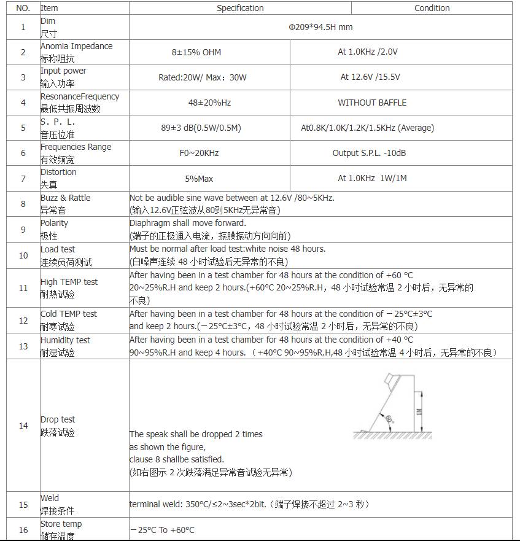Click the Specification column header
pyautogui.click(x=240, y=8)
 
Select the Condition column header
pyautogui.click(x=432, y=8)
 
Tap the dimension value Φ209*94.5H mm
pyautogui.click(x=320, y=27)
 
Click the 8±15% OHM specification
pyautogui.click(x=196, y=52)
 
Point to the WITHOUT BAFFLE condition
pyautogui.click(x=372, y=103)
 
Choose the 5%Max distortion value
pyautogui.click(x=199, y=179)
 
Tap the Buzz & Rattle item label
pyautogui.click(x=65, y=198)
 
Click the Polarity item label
pyautogui.click(x=54, y=223)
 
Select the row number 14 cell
pyautogui.click(x=23, y=426)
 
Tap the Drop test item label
pyautogui.click(x=58, y=419)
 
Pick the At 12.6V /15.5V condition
pyautogui.click(x=370, y=77)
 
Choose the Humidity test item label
pyautogui.click(x=65, y=340)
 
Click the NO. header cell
pyautogui.click(x=23, y=8)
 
